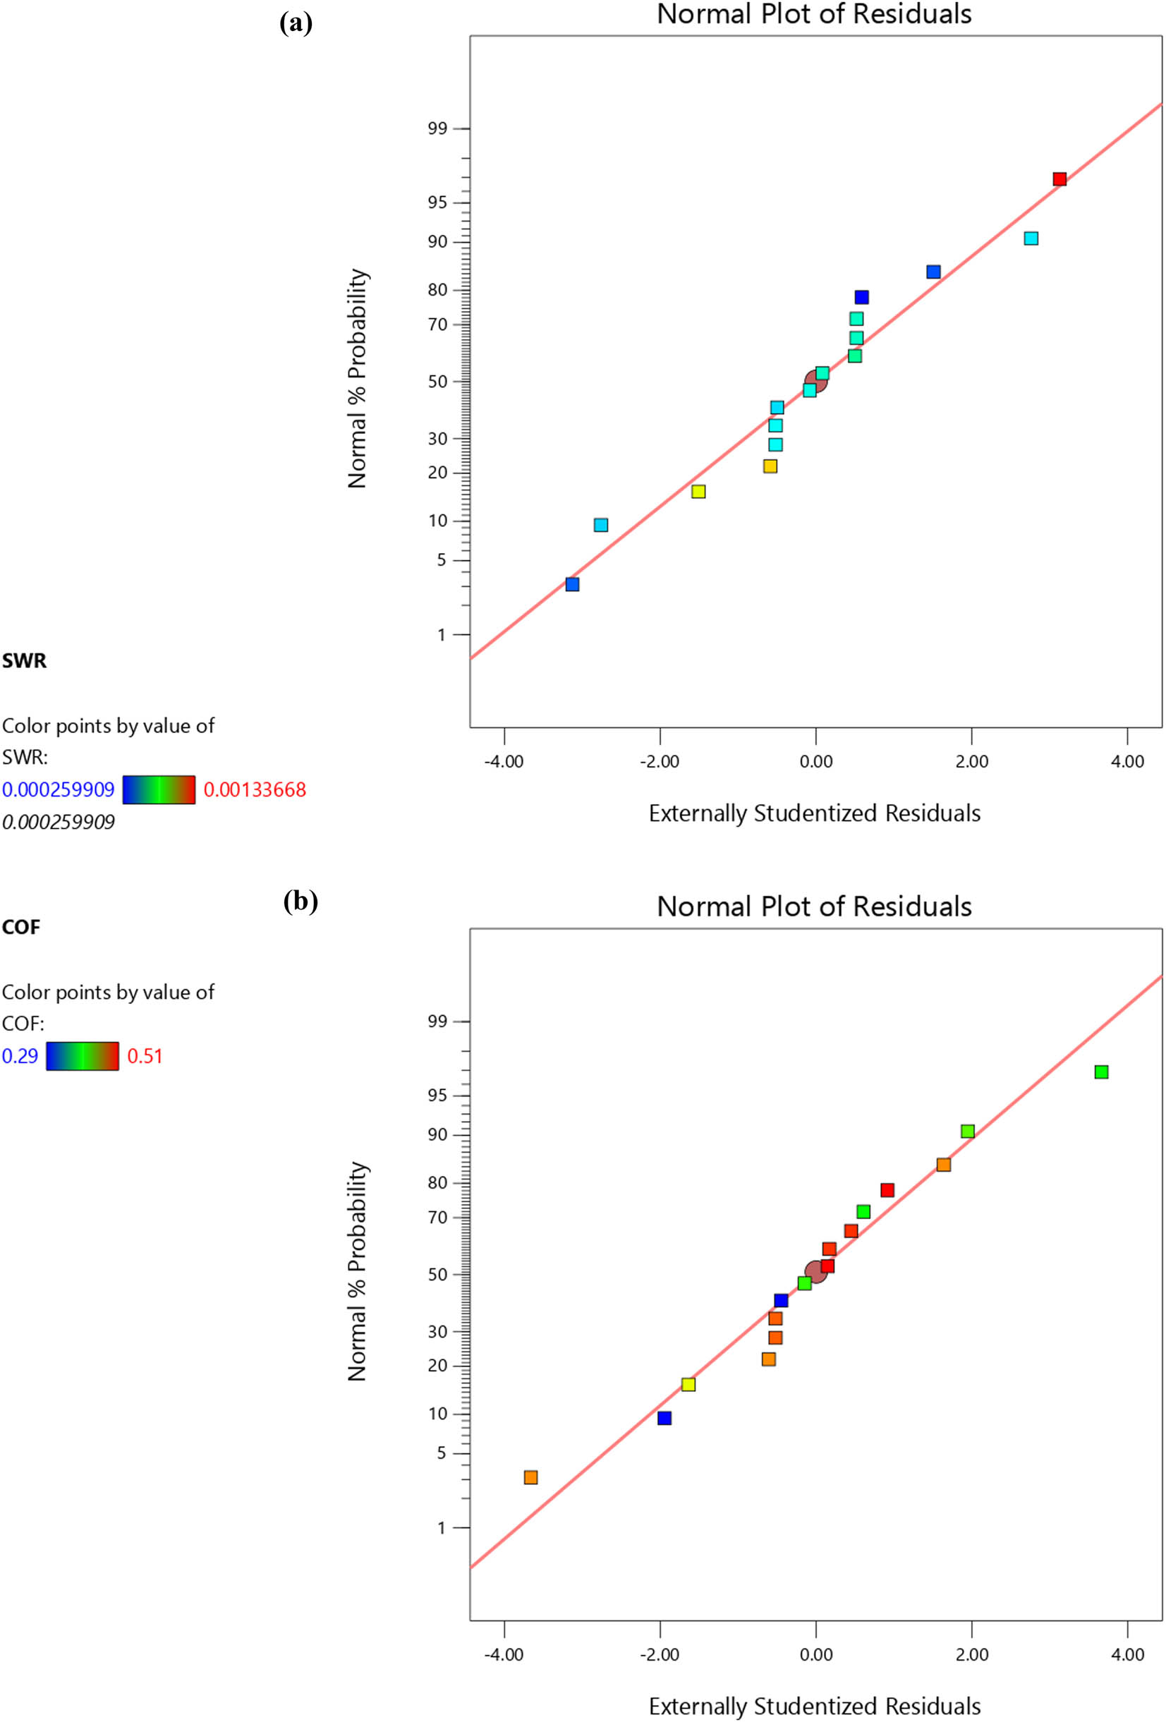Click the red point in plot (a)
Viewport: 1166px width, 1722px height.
click(1059, 178)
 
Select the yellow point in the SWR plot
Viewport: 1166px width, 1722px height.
click(698, 491)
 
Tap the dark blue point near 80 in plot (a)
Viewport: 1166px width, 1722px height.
click(861, 297)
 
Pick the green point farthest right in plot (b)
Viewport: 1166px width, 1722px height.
click(1101, 1072)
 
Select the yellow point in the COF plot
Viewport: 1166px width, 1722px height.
click(688, 1384)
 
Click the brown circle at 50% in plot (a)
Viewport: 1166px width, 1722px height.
click(815, 381)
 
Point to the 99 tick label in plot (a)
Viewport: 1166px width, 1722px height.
click(437, 129)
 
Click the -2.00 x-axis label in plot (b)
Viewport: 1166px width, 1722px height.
click(660, 1654)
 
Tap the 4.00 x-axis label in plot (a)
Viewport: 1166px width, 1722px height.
click(1126, 762)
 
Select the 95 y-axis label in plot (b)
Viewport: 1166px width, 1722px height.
click(437, 1096)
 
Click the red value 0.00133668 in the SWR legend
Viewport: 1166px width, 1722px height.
click(254, 790)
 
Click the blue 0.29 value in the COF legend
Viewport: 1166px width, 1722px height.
click(20, 1056)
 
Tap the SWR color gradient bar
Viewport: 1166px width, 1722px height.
click(159, 790)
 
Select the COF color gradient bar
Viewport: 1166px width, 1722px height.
click(83, 1056)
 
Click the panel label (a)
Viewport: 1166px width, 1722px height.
click(296, 23)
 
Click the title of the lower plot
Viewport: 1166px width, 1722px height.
click(814, 907)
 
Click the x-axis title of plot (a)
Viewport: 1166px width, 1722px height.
click(814, 813)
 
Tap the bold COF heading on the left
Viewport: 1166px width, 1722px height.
click(20, 927)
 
